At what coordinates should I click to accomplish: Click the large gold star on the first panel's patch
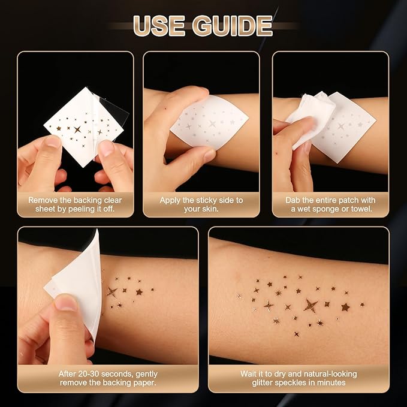pos(77,129)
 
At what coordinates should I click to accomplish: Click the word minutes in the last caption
pos(330,382)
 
